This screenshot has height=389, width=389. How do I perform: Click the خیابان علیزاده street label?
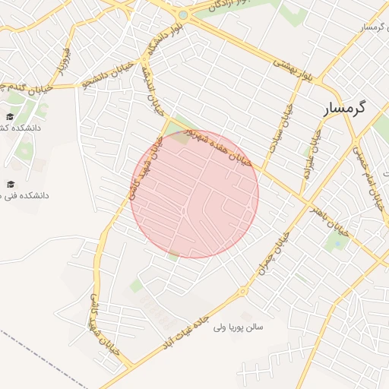(312, 153)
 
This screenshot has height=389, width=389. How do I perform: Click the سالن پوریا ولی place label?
(239, 327)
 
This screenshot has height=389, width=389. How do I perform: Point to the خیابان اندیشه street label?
(153, 90)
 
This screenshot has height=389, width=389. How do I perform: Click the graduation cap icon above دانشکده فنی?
(11, 184)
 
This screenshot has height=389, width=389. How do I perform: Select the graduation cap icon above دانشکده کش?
(11, 116)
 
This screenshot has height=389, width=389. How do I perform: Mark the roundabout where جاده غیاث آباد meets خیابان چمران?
(243, 291)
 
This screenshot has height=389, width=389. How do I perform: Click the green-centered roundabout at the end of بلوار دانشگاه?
(182, 14)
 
